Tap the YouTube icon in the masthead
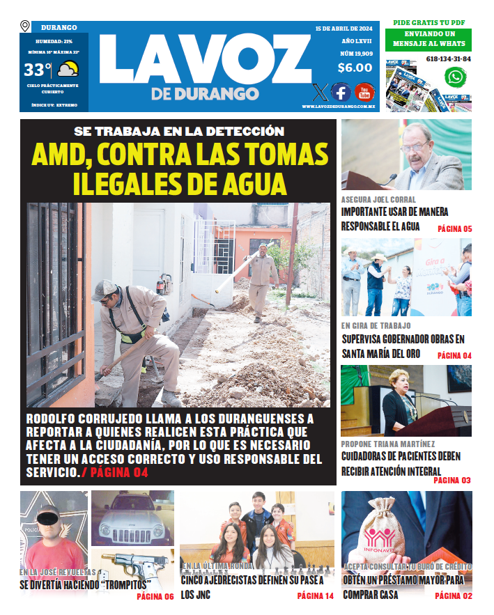(x=364, y=92)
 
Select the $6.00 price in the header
(x=355, y=68)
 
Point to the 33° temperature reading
(x=38, y=70)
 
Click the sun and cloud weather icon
(x=68, y=70)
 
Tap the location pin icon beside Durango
(x=25, y=26)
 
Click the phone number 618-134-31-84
(x=448, y=59)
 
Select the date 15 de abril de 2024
(x=344, y=29)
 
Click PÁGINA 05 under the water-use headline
(x=454, y=229)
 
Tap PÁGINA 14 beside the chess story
(x=315, y=595)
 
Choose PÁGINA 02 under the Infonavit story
(x=453, y=595)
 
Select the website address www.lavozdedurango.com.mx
(x=339, y=107)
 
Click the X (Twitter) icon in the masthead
(x=319, y=92)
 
